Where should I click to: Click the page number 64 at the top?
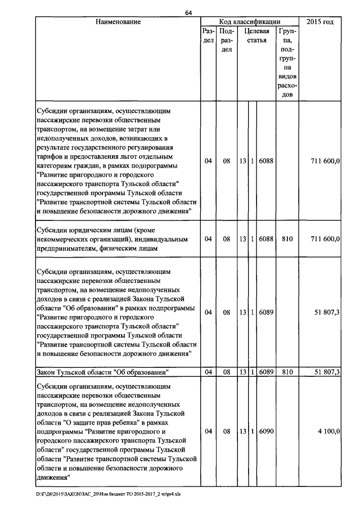[188, 13]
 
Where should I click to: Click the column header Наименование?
[118, 22]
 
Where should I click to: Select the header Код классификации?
[249, 22]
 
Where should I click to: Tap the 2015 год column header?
[320, 22]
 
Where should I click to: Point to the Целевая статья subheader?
[256, 37]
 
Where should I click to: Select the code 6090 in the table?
[267, 431]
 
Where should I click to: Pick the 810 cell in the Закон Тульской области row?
[287, 372]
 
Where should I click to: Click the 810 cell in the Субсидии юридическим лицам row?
[287, 239]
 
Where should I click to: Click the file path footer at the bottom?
[110, 494]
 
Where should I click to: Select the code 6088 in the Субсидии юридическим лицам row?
[267, 239]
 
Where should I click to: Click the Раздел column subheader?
[208, 37]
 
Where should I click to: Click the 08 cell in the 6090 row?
[227, 431]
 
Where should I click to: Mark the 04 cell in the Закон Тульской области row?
[208, 372]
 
